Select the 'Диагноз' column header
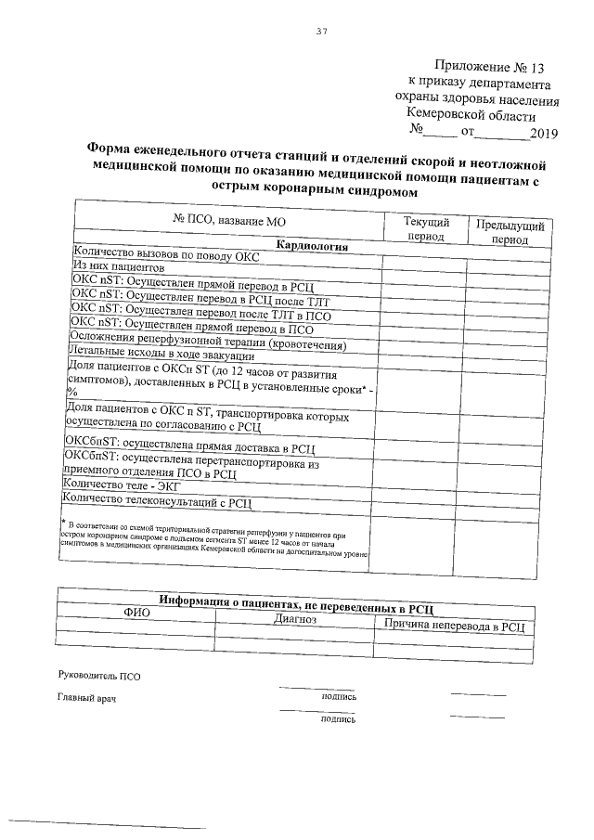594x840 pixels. [296, 618]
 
